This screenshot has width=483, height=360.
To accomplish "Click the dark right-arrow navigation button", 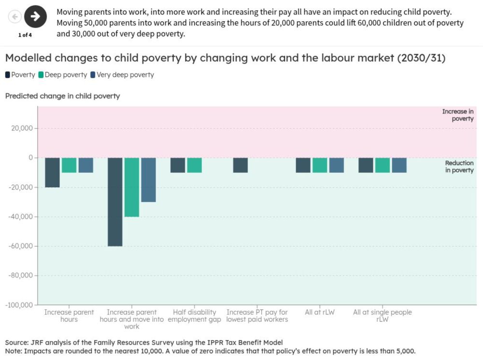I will (35, 17).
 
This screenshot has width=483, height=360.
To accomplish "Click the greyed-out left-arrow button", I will (15, 17).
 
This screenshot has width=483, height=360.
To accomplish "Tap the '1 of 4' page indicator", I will (25, 35).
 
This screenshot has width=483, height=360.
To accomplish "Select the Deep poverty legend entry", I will (63, 75).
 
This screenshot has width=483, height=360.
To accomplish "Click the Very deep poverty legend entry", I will (122, 75).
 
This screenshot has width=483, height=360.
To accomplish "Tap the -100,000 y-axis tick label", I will (18, 305).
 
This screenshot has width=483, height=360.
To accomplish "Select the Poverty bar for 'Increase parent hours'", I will (52, 172).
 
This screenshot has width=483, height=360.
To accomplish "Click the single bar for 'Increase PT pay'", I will (240, 165).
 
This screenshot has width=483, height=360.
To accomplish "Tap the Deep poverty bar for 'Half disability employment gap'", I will (194, 165).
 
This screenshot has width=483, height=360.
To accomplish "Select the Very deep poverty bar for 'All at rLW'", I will (336, 165).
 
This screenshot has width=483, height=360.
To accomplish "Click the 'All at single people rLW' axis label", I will (382, 316).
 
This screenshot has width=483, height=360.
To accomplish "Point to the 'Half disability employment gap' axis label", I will (194, 316).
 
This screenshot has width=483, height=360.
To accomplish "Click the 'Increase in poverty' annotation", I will (457, 115).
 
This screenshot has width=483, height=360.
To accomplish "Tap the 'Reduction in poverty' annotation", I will (459, 166).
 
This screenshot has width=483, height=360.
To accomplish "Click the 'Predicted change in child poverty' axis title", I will (62, 96).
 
